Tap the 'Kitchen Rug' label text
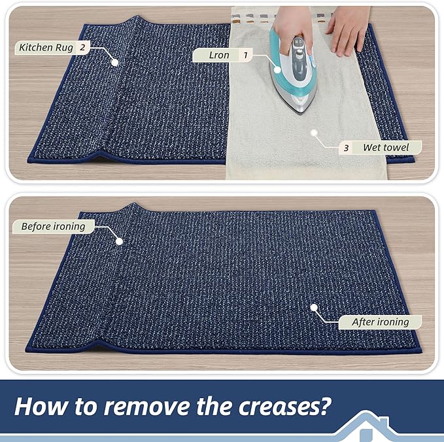click(46, 48)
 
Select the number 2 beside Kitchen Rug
click(82, 47)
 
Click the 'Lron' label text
click(219, 55)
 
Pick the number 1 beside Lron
click(245, 55)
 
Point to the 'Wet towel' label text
click(386, 147)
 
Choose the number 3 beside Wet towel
click(346, 148)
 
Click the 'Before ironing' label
click(53, 227)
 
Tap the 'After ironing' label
click(381, 322)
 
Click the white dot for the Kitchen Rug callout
click(114, 62)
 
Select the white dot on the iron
click(277, 69)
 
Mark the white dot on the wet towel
click(314, 133)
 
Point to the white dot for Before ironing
click(119, 242)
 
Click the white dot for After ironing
click(314, 307)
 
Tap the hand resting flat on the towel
click(349, 29)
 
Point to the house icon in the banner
click(366, 426)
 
